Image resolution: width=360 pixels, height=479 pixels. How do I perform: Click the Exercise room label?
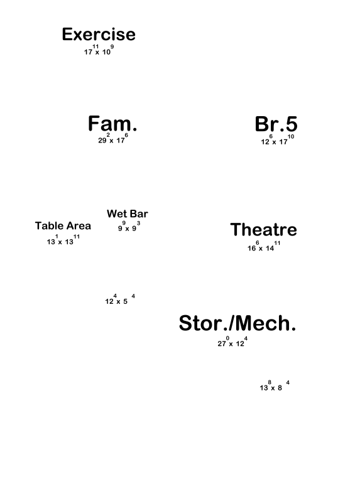pyautogui.click(x=99, y=34)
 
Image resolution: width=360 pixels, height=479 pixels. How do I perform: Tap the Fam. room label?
pyautogui.click(x=112, y=124)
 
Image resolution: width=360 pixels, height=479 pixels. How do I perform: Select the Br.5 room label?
pyautogui.click(x=276, y=124)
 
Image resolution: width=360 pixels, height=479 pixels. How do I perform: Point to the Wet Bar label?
pyautogui.click(x=128, y=213)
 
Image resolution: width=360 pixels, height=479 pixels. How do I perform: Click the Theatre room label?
pyautogui.click(x=263, y=229)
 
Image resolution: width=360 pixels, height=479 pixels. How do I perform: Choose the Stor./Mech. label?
pyautogui.click(x=237, y=323)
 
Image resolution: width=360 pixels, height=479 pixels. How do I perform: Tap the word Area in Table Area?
pyautogui.click(x=79, y=226)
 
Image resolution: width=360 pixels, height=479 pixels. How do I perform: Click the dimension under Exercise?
pyautogui.click(x=99, y=50)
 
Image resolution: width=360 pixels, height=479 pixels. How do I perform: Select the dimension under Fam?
pyautogui.click(x=113, y=138)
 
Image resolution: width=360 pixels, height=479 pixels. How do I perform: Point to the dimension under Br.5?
pyautogui.click(x=278, y=139)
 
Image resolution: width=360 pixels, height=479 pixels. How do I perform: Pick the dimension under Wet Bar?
pyautogui.click(x=129, y=227)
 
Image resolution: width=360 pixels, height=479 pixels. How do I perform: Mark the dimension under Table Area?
pyautogui.click(x=63, y=240)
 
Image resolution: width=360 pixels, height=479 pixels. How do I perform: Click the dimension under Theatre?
pyautogui.click(x=264, y=246)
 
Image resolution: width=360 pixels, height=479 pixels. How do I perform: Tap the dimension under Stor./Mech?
pyautogui.click(x=232, y=342)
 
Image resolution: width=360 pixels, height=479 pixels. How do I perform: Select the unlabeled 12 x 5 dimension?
pyautogui.click(x=120, y=299)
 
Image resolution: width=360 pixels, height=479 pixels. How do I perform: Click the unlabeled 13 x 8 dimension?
pyautogui.click(x=275, y=385)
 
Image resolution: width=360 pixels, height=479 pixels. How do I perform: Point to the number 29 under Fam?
pyautogui.click(x=102, y=141)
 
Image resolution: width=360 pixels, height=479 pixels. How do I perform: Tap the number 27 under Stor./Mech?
pyautogui.click(x=222, y=344)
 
